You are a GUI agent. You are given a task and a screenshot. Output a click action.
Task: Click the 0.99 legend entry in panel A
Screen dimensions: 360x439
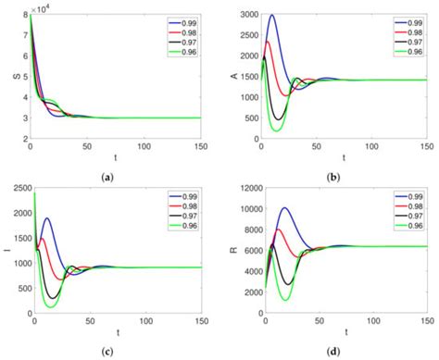(406, 21)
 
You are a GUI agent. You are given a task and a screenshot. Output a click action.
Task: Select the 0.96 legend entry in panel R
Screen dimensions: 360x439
(406, 225)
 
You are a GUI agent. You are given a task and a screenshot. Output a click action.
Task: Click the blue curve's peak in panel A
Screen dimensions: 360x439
(271, 16)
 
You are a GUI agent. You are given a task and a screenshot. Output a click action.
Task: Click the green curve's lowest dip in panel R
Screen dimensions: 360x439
(285, 299)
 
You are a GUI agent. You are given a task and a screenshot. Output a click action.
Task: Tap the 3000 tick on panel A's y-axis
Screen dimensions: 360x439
(245, 14)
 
